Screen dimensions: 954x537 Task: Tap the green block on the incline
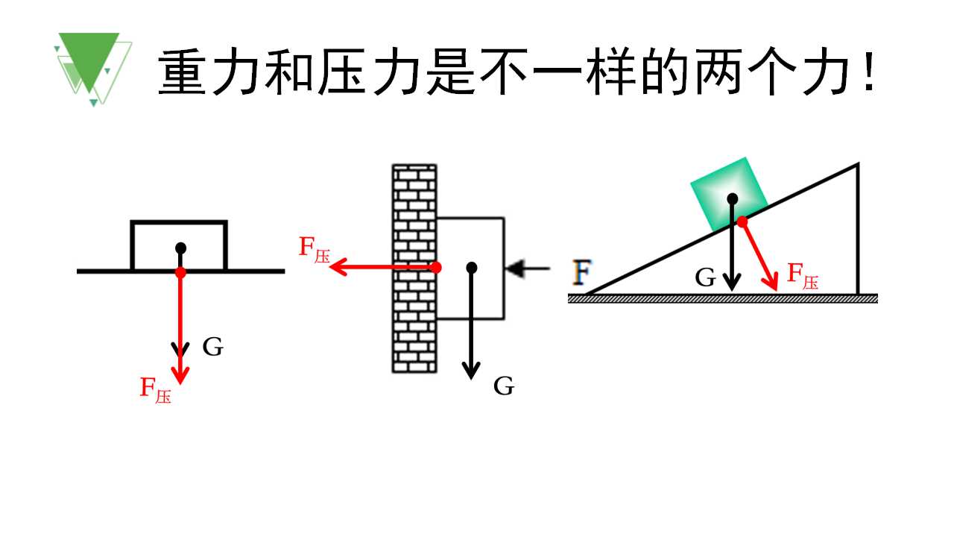pos(729,194)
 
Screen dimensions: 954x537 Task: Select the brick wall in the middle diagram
pos(414,268)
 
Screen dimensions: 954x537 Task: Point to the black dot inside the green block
pos(732,198)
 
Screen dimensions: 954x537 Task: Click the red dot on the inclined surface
pos(742,222)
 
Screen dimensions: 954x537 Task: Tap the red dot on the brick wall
pos(436,268)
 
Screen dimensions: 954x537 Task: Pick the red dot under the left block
pos(180,273)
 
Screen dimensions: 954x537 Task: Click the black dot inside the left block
pos(180,248)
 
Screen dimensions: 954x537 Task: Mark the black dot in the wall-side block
pos(472,268)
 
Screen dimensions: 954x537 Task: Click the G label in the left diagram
pos(213,347)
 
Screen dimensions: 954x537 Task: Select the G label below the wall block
pos(504,386)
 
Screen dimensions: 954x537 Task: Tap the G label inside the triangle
pos(705,278)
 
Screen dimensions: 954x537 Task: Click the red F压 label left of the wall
pos(315,250)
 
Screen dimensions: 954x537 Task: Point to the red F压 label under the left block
pos(156,390)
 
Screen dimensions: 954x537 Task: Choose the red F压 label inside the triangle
pos(803,276)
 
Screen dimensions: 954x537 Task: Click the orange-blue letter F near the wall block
pos(582,271)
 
